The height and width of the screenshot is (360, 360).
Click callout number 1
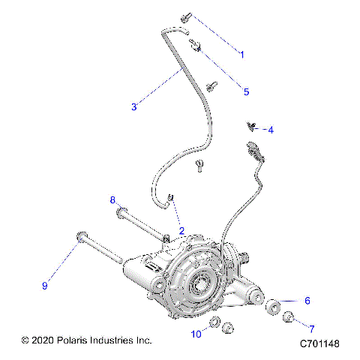tap(242, 53)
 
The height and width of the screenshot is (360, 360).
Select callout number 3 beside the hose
tap(133, 106)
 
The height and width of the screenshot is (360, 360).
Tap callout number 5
tap(245, 91)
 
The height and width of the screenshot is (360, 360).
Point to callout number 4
tap(270, 130)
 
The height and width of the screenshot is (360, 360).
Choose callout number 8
tap(112, 200)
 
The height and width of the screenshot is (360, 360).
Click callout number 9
tap(44, 285)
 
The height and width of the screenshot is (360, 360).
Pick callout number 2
tap(181, 230)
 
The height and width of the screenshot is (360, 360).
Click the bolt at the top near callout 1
tap(185, 16)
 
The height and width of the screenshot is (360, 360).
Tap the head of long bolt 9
tap(80, 239)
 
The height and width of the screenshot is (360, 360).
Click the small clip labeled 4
tap(252, 126)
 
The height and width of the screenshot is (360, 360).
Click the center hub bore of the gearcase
tap(201, 284)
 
